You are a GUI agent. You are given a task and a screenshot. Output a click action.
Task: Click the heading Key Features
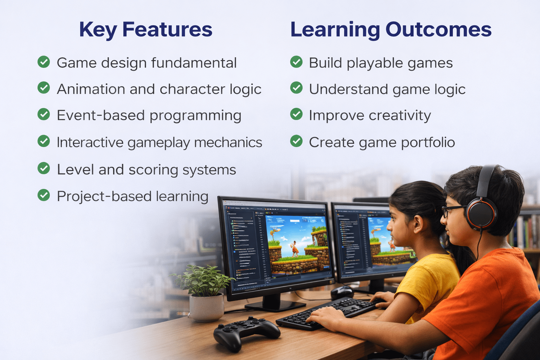tap(146, 30)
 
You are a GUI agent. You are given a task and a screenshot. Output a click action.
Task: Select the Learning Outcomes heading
tap(391, 30)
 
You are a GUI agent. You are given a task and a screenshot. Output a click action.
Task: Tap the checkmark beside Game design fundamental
tap(44, 62)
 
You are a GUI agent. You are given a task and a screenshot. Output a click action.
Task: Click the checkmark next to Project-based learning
tap(44, 195)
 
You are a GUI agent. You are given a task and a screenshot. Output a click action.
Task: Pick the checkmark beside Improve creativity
tap(296, 114)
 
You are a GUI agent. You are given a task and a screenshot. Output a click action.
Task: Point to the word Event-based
tap(101, 115)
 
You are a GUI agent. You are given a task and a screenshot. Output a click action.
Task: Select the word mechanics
tap(228, 142)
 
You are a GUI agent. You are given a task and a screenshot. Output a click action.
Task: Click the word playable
tap(375, 63)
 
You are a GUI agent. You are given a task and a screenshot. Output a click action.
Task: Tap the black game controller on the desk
tap(246, 334)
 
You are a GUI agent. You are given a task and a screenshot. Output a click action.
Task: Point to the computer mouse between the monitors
tap(342, 293)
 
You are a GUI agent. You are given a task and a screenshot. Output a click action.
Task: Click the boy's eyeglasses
tap(453, 211)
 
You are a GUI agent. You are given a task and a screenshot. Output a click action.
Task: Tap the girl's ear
tap(418, 224)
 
